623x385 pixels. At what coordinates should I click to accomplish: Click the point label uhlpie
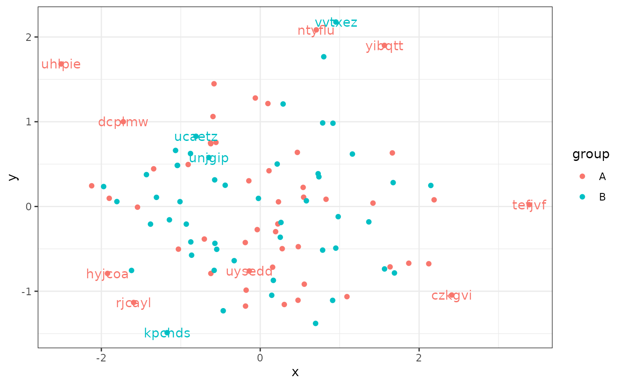61,64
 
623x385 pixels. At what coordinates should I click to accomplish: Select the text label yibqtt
384,46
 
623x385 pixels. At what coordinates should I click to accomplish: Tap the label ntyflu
316,31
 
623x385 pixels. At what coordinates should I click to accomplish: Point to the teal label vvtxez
336,23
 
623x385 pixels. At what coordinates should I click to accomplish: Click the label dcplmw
123,122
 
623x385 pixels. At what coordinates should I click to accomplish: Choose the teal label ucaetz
196,137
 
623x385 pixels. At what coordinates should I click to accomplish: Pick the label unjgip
209,158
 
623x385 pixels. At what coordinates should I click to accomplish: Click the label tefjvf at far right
529,205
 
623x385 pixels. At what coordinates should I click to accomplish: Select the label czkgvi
452,296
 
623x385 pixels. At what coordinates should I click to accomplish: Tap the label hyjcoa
107,274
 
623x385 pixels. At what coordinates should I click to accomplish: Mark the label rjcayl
133,303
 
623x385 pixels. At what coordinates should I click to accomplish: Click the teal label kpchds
167,333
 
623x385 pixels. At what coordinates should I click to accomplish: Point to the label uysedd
249,271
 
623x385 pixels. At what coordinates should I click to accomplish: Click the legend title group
591,154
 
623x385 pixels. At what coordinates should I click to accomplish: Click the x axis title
295,372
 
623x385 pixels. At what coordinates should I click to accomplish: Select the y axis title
13,176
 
